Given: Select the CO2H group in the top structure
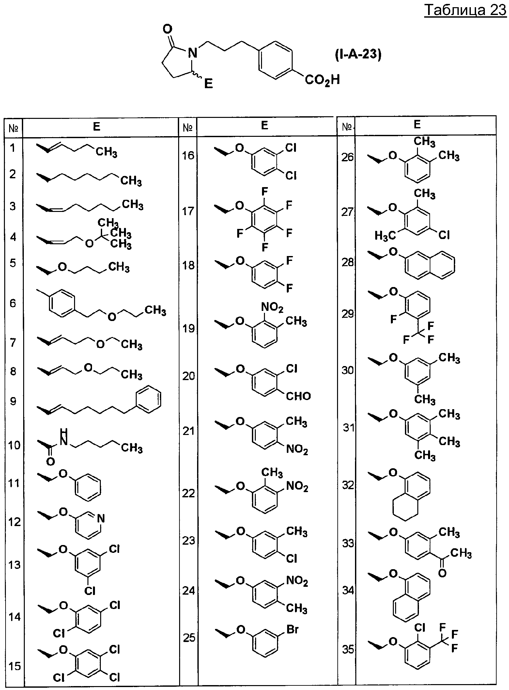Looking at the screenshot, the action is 322,80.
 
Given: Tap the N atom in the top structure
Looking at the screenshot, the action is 193,52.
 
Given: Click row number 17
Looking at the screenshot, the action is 188,211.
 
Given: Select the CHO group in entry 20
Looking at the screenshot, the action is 298,396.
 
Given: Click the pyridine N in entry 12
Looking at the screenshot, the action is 101,518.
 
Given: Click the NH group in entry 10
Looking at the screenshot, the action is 64,437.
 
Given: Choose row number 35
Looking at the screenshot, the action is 348,650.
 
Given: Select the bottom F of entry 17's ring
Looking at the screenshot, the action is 265,247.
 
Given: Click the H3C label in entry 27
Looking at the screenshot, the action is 385,235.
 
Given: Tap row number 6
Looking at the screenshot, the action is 13,303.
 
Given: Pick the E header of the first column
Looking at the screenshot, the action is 96,126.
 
